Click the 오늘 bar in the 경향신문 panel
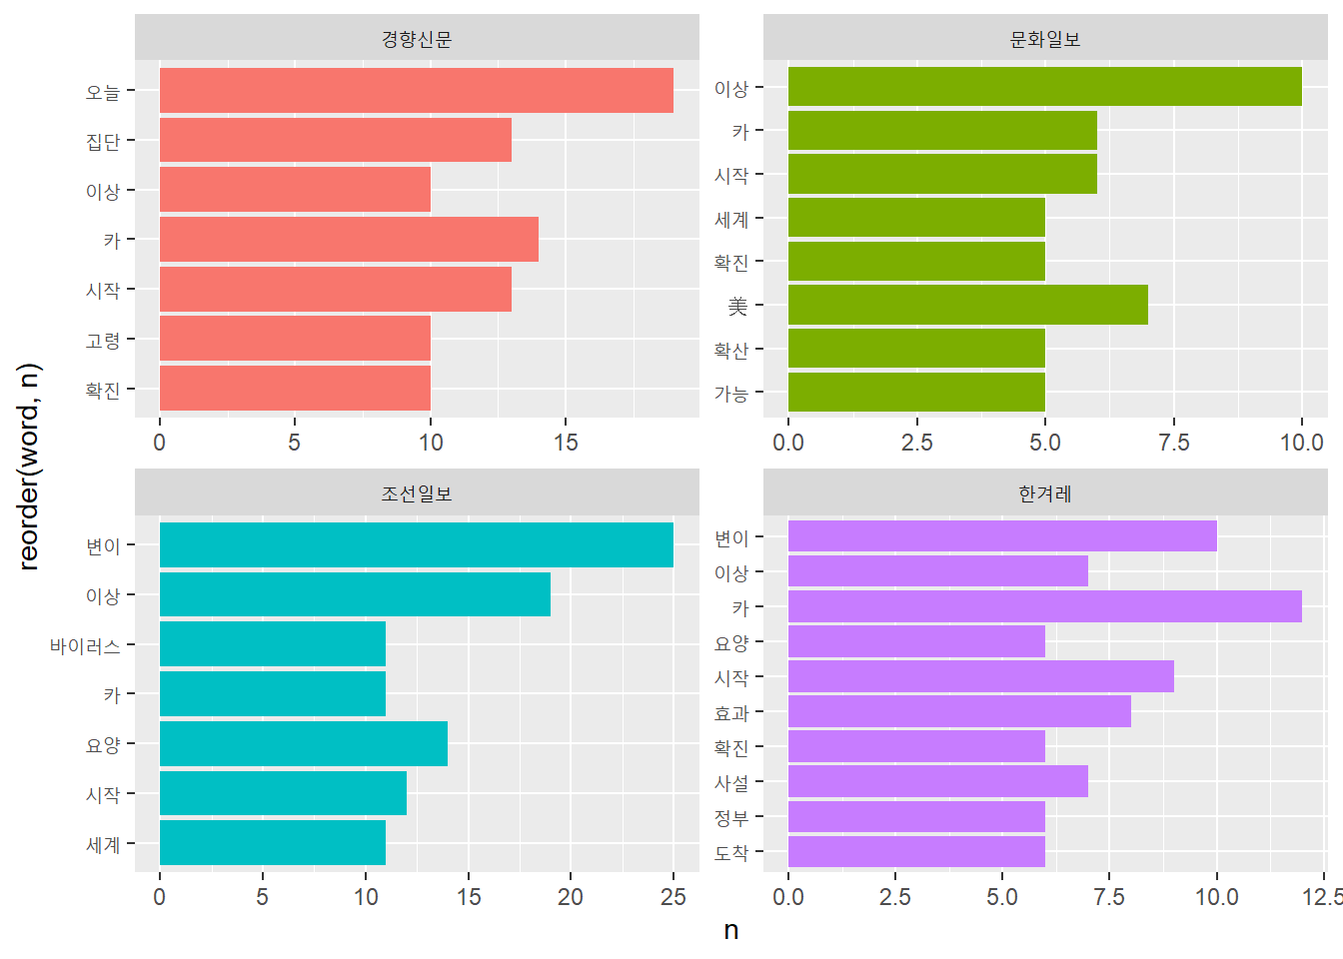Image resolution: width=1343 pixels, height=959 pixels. pos(416,91)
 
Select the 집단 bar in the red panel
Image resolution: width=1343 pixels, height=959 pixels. pos(335,140)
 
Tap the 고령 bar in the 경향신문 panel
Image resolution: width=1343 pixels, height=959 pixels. pos(295,339)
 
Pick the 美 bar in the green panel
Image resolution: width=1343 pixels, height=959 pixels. pos(967,305)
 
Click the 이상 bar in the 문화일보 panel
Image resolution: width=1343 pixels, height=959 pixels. pos(1044,87)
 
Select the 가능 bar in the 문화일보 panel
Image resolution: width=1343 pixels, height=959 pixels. pos(916,393)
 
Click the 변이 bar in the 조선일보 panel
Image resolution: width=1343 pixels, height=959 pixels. pos(416,545)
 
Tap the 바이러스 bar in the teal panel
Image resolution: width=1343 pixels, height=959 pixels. pos(272,644)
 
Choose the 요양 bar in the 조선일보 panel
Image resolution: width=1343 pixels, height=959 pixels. pos(303,744)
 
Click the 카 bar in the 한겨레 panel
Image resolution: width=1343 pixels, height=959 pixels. pos(1044,606)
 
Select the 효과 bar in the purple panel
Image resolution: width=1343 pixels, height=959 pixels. pos(959,711)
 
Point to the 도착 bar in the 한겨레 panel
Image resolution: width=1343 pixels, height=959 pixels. pos(916,851)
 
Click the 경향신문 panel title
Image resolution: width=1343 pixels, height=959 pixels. pos(417,39)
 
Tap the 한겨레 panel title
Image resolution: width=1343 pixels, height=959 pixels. pos(1044,493)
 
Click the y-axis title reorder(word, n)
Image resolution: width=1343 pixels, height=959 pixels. pos(29,467)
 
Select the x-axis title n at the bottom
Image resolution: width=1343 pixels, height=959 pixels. pos(731,931)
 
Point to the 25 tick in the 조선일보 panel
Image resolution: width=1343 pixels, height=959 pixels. pos(672,897)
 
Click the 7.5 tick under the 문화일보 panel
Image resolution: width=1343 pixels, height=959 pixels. pos(1173,443)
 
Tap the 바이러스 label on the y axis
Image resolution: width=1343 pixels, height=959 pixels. pos(85,646)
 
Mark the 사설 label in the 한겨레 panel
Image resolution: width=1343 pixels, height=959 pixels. pos(731,783)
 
